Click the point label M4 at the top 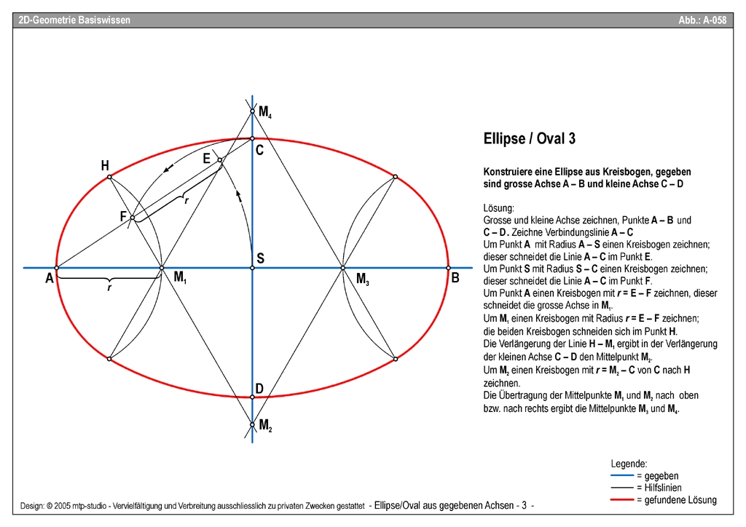pos(265,112)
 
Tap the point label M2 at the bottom pos(265,425)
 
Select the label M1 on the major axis pos(180,277)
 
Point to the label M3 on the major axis pos(363,278)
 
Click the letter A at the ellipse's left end pos(49,278)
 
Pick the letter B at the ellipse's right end pos(455,277)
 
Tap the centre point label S pos(260,258)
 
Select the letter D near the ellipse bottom pos(259,388)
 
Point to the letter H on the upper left pos(105,166)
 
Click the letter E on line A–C pos(207,158)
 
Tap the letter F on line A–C pos(123,216)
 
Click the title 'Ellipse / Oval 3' pos(530,138)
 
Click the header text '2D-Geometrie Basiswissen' pos(74,20)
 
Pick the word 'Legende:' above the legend pos(629,464)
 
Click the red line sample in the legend pos(622,500)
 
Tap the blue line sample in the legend pos(622,476)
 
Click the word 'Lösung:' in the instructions pos(498,208)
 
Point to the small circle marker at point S pos(252,269)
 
